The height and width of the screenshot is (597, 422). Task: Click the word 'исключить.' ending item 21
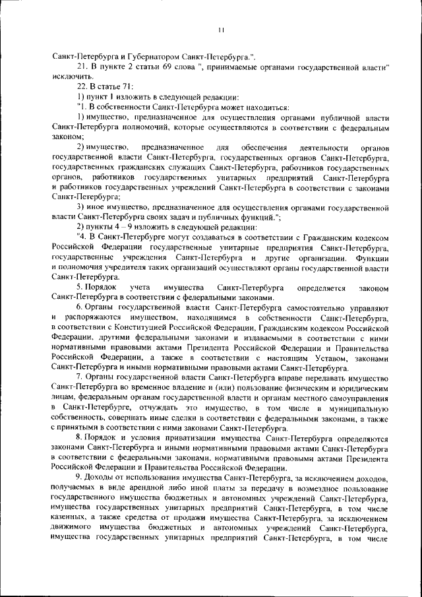click(71, 77)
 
